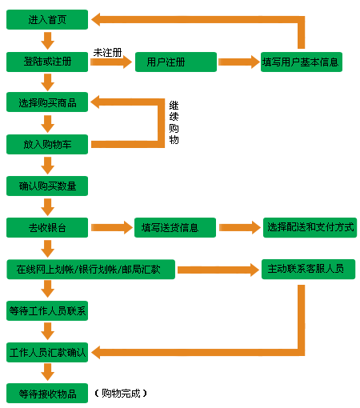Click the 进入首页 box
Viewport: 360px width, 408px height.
(x=47, y=19)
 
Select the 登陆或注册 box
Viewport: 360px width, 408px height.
(x=47, y=62)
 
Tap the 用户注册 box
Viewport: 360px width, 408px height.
(x=176, y=62)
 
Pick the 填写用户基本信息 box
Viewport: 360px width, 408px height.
(x=302, y=62)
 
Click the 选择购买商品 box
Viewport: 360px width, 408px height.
(x=47, y=102)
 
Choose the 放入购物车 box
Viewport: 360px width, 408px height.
(x=47, y=144)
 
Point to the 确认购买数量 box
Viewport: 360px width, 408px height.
(x=47, y=186)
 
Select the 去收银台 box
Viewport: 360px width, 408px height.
(x=47, y=227)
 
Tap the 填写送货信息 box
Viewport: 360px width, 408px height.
(x=175, y=227)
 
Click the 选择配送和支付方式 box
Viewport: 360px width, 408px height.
(x=310, y=227)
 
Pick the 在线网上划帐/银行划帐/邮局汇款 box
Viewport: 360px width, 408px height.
(x=91, y=270)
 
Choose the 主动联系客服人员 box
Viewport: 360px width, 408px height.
(x=308, y=269)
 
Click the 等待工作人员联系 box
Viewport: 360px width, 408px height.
(x=47, y=310)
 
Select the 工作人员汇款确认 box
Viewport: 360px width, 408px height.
(x=47, y=352)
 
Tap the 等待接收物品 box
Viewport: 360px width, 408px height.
(x=47, y=394)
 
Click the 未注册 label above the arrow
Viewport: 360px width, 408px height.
(x=107, y=53)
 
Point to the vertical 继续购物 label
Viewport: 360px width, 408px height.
(x=174, y=122)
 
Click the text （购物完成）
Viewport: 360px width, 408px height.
(x=121, y=394)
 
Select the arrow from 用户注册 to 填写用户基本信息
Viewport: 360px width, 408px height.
(x=239, y=62)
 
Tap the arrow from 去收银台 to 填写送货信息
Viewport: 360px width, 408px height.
(x=112, y=227)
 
